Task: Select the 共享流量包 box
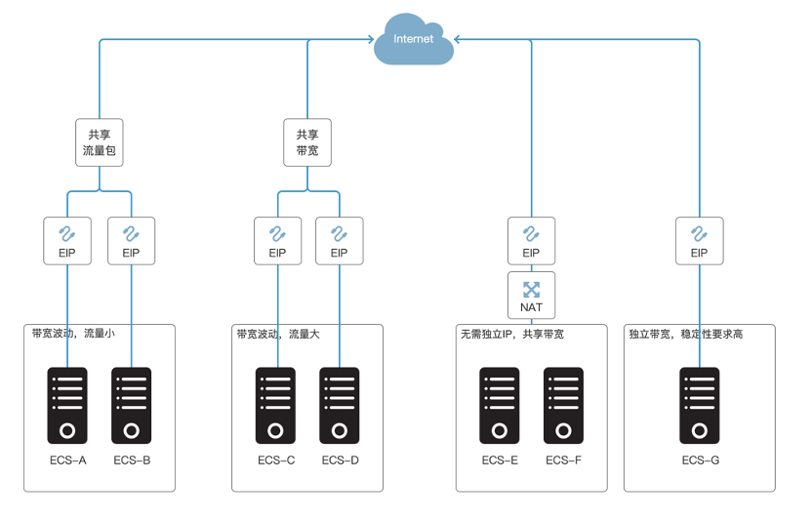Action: tap(101, 141)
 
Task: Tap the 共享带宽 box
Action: tap(307, 141)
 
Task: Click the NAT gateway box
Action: tap(531, 295)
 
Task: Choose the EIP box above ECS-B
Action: tap(131, 240)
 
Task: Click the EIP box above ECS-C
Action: tap(277, 240)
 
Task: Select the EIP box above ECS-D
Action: tap(339, 240)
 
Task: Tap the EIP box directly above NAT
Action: tap(531, 240)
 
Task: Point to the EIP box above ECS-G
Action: tap(699, 240)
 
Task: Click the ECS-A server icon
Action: tap(67, 406)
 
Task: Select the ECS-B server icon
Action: tap(132, 406)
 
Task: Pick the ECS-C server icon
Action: tap(276, 406)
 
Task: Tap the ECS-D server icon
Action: tap(340, 406)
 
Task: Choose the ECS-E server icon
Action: tap(499, 406)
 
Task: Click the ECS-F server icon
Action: tap(563, 406)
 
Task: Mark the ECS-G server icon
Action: tap(700, 406)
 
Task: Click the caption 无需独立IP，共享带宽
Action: tap(511, 334)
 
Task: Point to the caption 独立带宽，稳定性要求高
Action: tap(685, 334)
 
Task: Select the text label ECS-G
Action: tap(701, 460)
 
